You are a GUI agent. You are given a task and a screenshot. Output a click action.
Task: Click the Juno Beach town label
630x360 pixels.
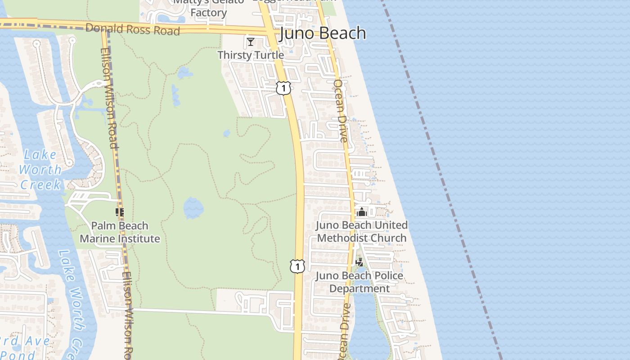[x=322, y=33]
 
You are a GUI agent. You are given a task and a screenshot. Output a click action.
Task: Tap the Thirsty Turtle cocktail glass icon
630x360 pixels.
[x=251, y=42]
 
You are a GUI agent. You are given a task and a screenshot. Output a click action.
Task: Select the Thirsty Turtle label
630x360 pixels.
[x=251, y=55]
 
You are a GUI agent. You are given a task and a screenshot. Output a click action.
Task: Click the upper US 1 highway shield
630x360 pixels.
[x=283, y=88]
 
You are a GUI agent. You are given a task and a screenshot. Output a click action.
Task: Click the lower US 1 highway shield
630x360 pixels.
[x=297, y=266]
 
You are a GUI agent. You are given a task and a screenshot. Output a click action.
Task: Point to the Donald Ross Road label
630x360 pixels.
[x=133, y=30]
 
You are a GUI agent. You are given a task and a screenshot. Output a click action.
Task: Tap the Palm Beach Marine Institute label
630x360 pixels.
[x=119, y=232]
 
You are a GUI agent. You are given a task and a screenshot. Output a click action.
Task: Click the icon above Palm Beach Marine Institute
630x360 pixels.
[x=119, y=212]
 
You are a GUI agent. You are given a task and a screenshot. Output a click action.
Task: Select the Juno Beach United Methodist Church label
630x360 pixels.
[x=361, y=231]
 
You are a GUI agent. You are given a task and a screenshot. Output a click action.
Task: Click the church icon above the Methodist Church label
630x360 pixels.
[x=361, y=211]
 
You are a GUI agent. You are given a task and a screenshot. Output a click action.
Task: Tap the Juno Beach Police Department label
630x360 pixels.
[x=359, y=282]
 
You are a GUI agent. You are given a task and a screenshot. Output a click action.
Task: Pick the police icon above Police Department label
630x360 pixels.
[x=359, y=262]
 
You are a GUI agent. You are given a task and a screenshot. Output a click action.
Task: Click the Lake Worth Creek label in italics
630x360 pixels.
[x=40, y=170]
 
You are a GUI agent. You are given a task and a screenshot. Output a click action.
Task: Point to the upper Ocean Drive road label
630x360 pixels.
[x=341, y=111]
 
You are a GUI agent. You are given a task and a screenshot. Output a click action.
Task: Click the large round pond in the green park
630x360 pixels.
[x=193, y=208]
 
